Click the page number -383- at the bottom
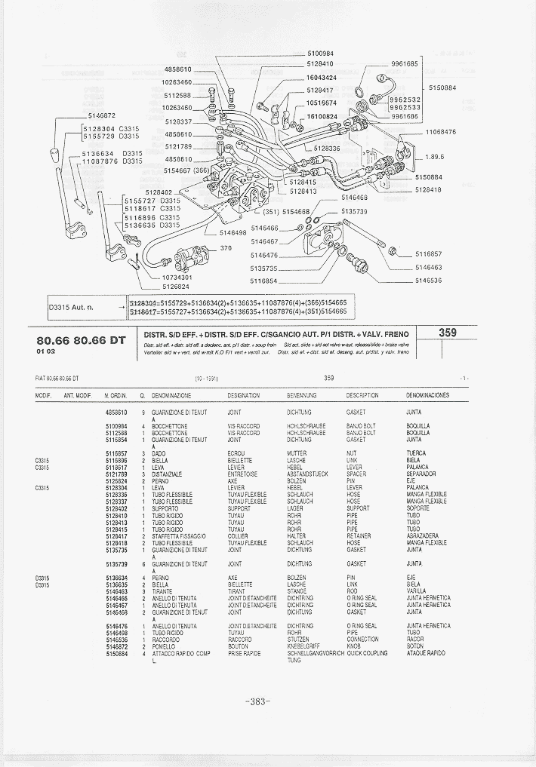click(257, 701)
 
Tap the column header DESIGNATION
click(243, 395)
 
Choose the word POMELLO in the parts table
click(164, 646)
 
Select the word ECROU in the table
click(236, 453)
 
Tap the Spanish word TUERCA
click(416, 453)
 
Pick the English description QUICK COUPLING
click(370, 653)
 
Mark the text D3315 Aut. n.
click(72, 307)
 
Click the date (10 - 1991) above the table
click(206, 378)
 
